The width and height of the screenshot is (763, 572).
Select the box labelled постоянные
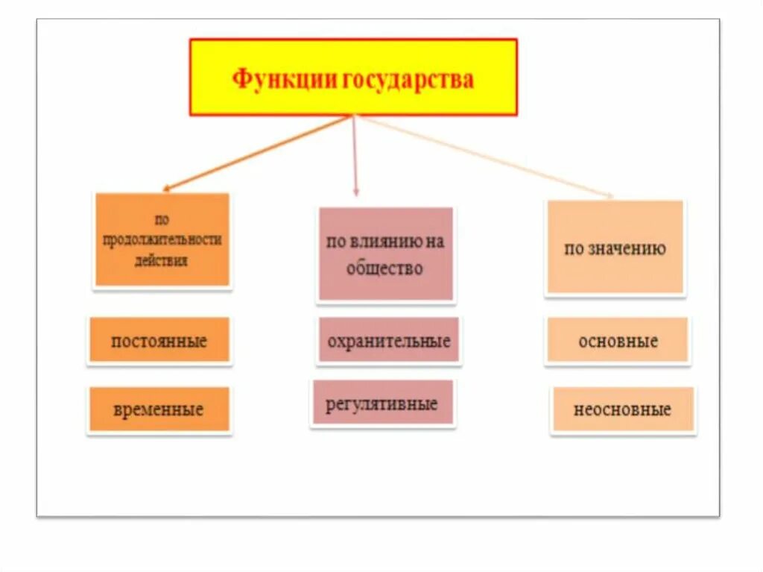(x=159, y=342)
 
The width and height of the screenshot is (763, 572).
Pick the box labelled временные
(x=159, y=409)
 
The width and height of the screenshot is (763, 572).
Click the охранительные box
(x=388, y=342)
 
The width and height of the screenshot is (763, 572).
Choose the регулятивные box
(x=382, y=403)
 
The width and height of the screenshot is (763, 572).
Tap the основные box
(x=617, y=342)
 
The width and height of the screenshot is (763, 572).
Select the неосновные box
(x=622, y=409)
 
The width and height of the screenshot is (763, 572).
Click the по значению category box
(x=615, y=248)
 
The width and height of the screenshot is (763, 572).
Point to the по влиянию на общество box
(x=385, y=254)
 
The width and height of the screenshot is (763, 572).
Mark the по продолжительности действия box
(x=162, y=239)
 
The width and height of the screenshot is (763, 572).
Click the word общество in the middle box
(x=384, y=268)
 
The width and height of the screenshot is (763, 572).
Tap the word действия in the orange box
(x=161, y=261)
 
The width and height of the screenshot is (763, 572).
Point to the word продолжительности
(x=162, y=240)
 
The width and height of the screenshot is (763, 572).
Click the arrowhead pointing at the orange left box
(x=166, y=189)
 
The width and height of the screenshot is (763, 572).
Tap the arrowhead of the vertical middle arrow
(x=355, y=192)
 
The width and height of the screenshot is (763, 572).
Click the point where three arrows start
(x=353, y=116)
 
